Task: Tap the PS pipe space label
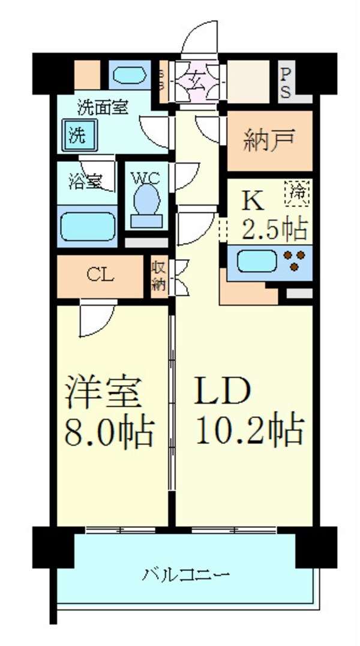coord(286,83)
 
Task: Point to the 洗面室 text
coord(103,109)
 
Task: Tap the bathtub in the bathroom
coord(87,226)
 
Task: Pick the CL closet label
coord(100,275)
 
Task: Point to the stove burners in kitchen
coord(295,261)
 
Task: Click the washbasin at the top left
coord(128,76)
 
